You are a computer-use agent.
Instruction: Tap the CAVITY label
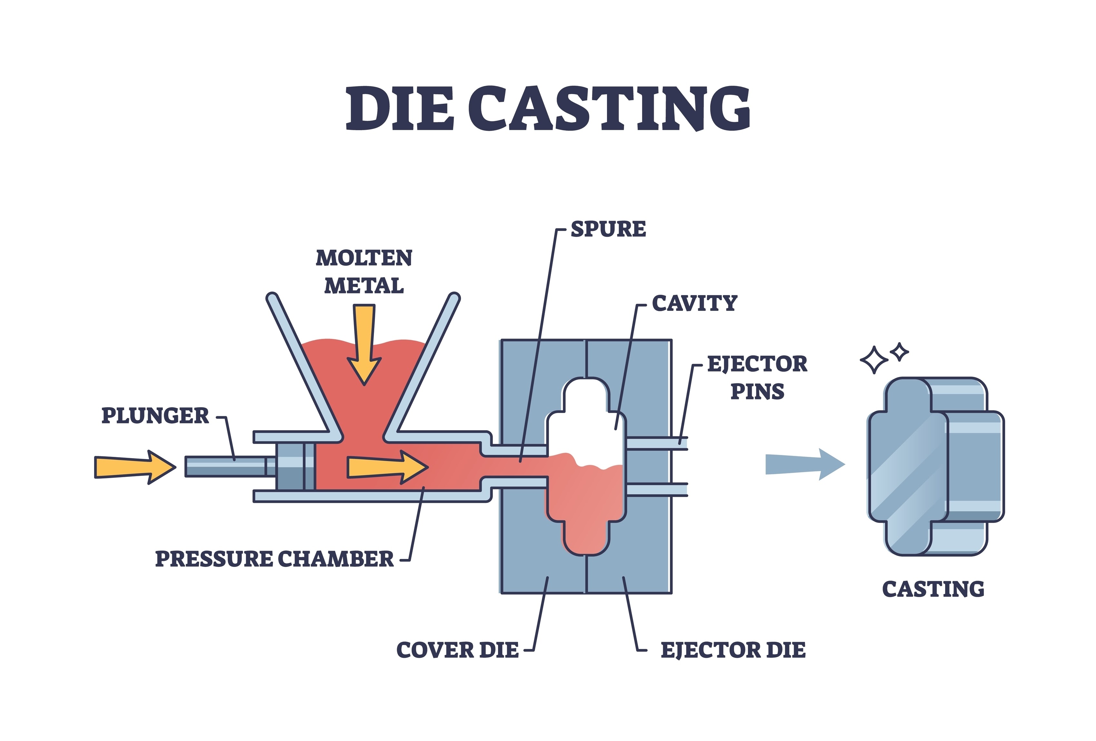pos(694,303)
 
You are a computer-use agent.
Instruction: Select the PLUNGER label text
pos(155,416)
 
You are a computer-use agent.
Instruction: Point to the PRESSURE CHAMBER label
pos(274,559)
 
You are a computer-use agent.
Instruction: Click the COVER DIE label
pos(457,650)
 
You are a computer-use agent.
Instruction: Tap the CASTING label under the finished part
pos(933,589)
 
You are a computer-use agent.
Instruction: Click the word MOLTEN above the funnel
pos(364,258)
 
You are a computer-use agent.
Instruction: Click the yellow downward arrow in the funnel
pos(364,344)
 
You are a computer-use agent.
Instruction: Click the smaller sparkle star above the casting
pos(899,351)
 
